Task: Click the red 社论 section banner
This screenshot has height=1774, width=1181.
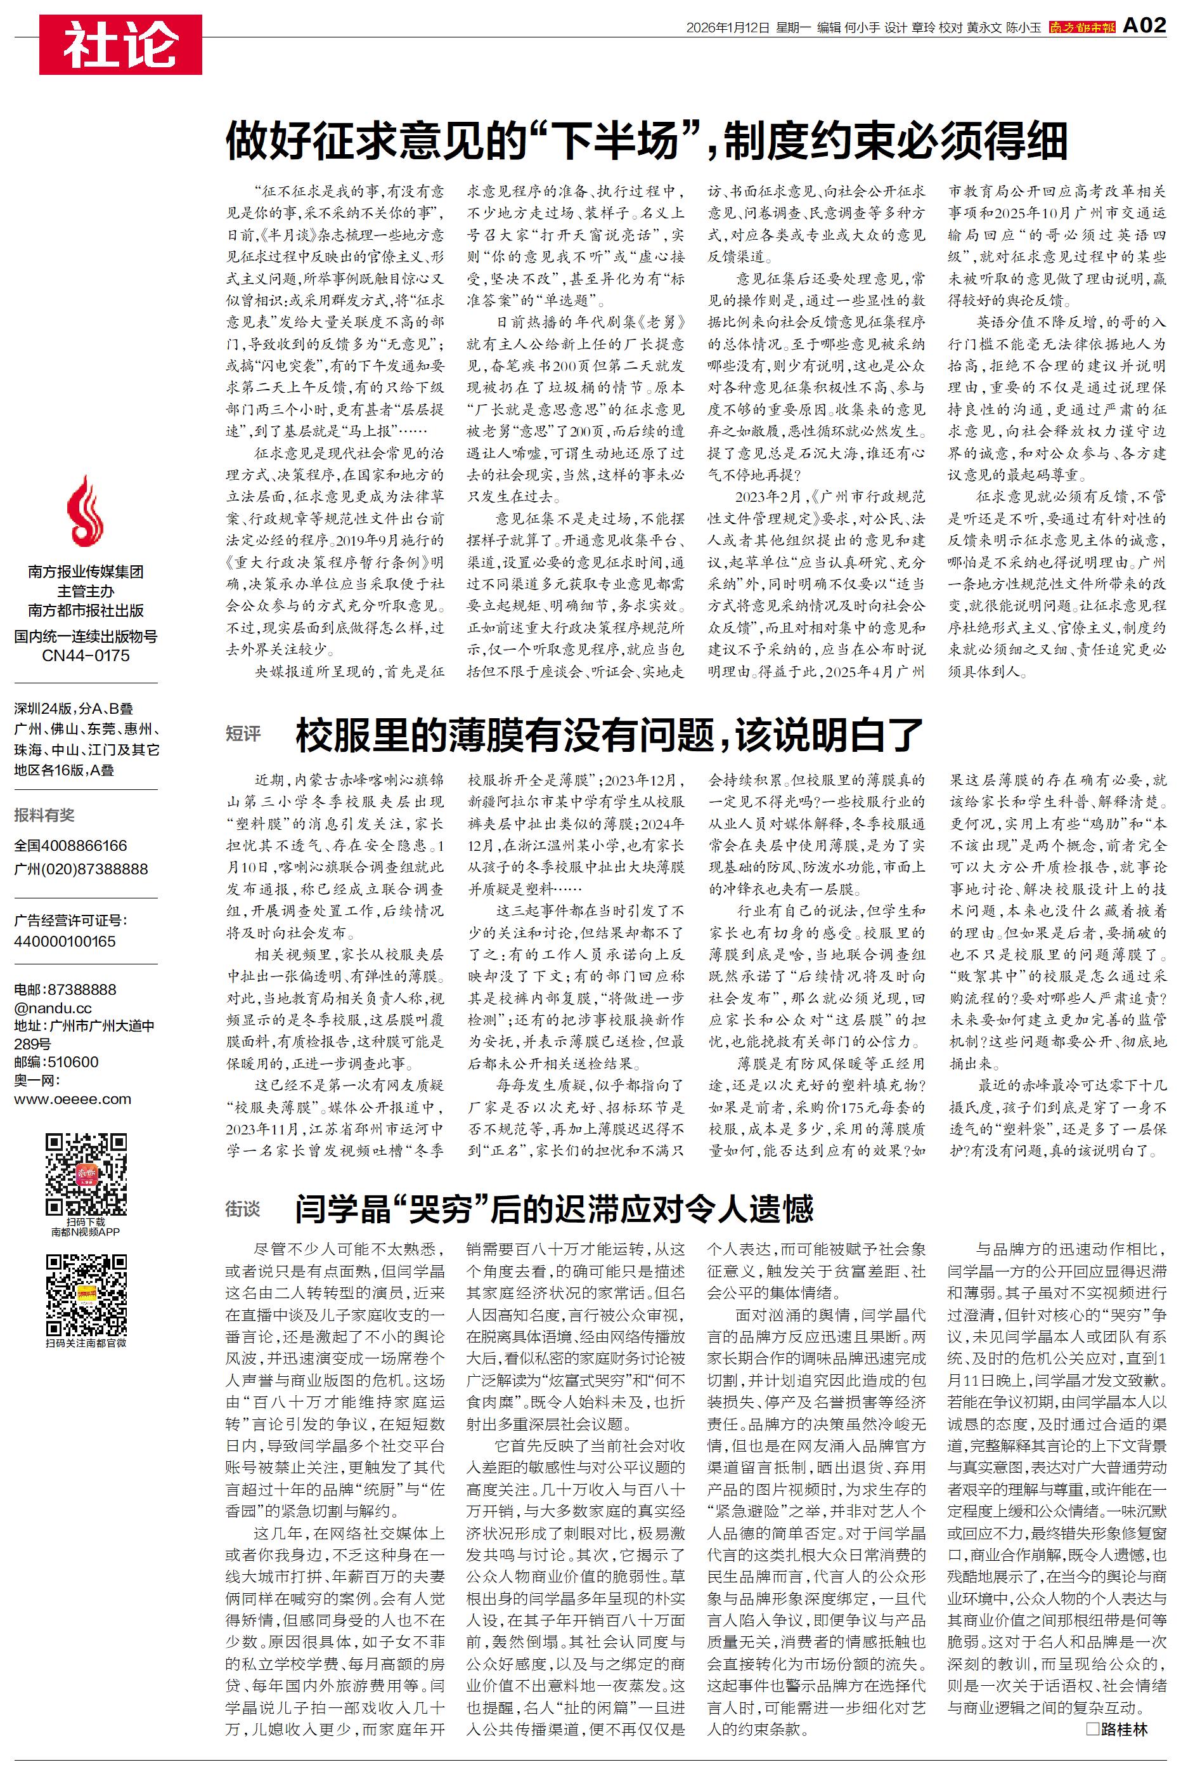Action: coord(120,44)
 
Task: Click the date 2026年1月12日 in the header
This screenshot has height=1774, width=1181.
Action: coord(728,28)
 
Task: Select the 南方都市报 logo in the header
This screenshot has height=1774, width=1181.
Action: coord(1082,28)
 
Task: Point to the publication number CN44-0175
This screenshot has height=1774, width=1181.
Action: coord(85,655)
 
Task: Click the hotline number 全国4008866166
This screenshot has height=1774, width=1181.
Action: coord(71,846)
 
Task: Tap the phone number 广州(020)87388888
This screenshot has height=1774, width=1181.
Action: coord(81,869)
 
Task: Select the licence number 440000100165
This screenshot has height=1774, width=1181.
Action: coord(65,942)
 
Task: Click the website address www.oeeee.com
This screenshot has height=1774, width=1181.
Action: coord(72,1099)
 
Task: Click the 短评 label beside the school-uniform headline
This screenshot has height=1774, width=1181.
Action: coord(243,733)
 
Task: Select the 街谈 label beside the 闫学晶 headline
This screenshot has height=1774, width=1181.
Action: coord(243,1209)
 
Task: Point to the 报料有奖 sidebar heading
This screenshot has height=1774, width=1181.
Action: coord(44,815)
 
